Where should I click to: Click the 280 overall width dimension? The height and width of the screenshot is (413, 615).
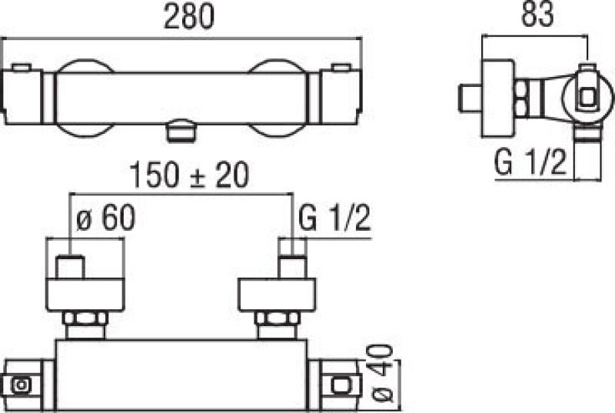[x=189, y=16]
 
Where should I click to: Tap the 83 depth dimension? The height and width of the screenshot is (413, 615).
[x=537, y=14]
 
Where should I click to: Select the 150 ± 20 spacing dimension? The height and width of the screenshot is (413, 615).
[x=189, y=175]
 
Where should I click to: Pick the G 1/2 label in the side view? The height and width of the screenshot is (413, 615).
[x=530, y=162]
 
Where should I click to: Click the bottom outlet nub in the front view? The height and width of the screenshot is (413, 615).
[x=180, y=132]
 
